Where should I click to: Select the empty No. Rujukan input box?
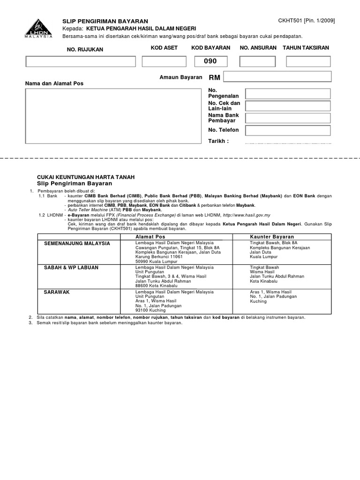click(81, 61)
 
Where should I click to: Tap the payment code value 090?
click(210, 61)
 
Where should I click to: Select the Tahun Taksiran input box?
click(308, 61)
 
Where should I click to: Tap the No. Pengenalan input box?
click(288, 94)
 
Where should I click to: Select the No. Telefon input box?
click(288, 130)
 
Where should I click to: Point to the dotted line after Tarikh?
click(288, 142)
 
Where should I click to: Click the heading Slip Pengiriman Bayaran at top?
click(105, 21)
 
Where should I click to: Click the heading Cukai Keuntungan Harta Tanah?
click(86, 177)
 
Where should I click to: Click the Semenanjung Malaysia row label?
click(77, 243)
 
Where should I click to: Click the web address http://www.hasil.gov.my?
click(240, 215)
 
